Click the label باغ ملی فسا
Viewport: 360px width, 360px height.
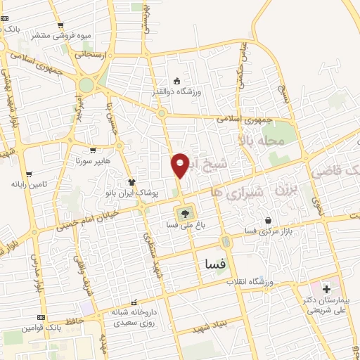click(185, 225)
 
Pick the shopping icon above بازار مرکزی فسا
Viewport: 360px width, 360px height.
click(267, 221)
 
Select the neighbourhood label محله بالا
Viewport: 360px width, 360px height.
click(261, 143)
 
